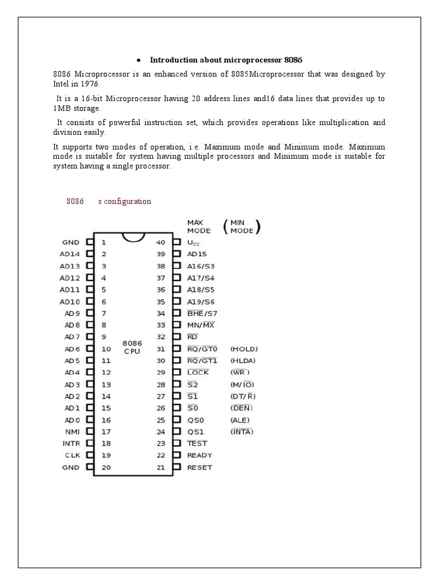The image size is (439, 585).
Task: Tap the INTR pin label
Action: coord(71,443)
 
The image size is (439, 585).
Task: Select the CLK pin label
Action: coord(73,455)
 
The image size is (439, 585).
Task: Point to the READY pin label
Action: coord(199,455)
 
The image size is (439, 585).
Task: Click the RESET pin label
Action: coord(199,467)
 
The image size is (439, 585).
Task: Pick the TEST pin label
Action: coord(197,443)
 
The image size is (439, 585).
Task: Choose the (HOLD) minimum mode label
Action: coord(244,348)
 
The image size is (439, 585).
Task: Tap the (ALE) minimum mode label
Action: coord(241,420)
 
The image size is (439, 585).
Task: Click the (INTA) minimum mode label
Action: coord(242,431)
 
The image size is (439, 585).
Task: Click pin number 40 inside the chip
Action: coord(161,242)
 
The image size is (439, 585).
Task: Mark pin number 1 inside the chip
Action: coord(103,242)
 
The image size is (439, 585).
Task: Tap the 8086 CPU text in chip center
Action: coord(132,347)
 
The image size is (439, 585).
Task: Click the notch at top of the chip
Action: coord(132,238)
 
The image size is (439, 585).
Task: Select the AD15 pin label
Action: coord(197,254)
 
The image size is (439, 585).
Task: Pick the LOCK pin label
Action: coord(198,372)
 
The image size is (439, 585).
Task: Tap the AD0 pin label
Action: coord(73,420)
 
